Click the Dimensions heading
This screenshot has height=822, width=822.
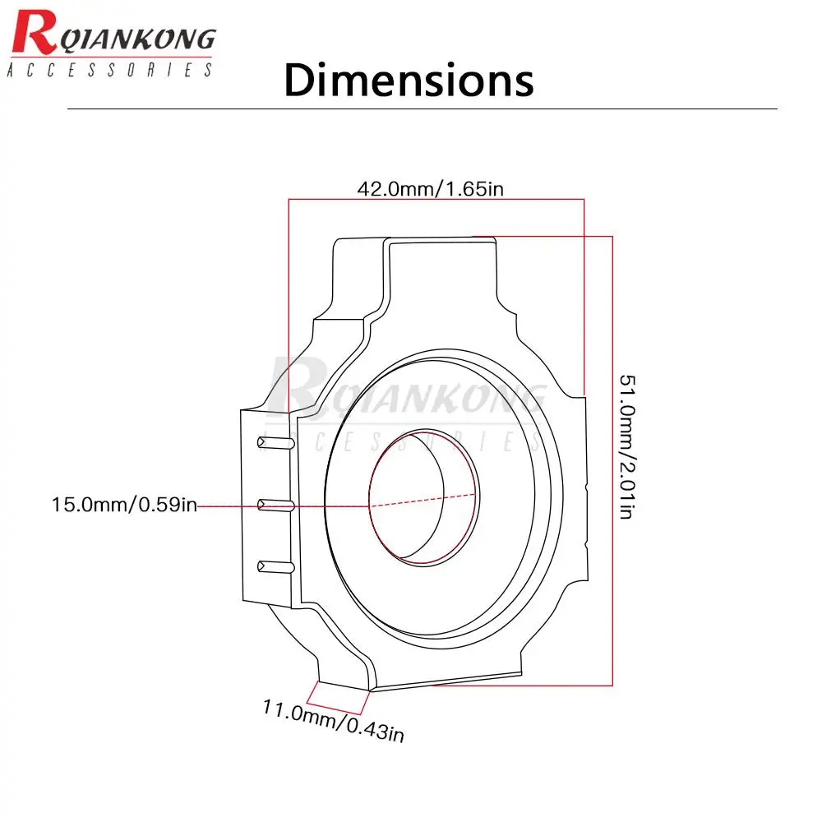click(x=409, y=80)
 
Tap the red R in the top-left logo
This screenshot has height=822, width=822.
click(x=34, y=33)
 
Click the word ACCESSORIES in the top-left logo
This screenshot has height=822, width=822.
click(x=110, y=70)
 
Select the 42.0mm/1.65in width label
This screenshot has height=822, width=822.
click(x=431, y=189)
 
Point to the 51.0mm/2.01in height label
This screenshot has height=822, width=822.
click(x=627, y=446)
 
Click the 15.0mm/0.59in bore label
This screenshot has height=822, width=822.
click(x=124, y=505)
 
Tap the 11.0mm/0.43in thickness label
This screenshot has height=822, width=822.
click(x=334, y=721)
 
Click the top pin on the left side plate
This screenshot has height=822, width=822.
click(x=275, y=442)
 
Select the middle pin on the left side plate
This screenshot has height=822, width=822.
click(x=275, y=506)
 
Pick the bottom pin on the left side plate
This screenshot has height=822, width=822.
click(x=275, y=566)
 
